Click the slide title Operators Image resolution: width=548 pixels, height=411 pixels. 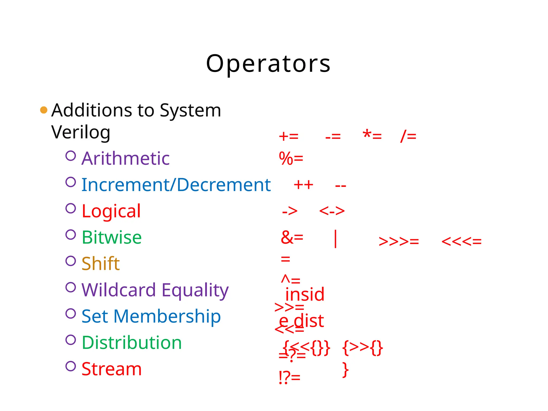point(268,64)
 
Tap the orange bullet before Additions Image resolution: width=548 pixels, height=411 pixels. point(44,110)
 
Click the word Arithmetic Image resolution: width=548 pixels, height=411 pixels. point(125,158)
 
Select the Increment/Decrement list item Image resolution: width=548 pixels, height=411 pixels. point(176,185)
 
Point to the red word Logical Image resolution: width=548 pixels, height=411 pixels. point(111,211)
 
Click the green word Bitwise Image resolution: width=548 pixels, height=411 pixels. point(112,237)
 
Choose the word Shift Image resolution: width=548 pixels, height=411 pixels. point(100,264)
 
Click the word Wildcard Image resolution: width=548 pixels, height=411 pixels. point(119,290)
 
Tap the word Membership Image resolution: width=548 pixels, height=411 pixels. point(167,316)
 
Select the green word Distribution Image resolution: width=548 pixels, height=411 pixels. point(132,342)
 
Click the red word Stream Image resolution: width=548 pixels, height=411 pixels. point(112,369)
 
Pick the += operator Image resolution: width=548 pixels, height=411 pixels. point(288,136)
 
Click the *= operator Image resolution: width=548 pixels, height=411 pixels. point(372,136)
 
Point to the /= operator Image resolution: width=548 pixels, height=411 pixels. point(408,136)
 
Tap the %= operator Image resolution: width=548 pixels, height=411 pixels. point(291,158)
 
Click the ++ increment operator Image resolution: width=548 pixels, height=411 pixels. point(303,185)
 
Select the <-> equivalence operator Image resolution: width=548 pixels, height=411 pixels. point(332,211)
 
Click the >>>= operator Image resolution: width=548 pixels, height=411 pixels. point(399,242)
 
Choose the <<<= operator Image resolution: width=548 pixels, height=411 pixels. point(461,242)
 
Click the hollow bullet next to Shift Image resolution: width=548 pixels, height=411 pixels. point(71,261)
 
